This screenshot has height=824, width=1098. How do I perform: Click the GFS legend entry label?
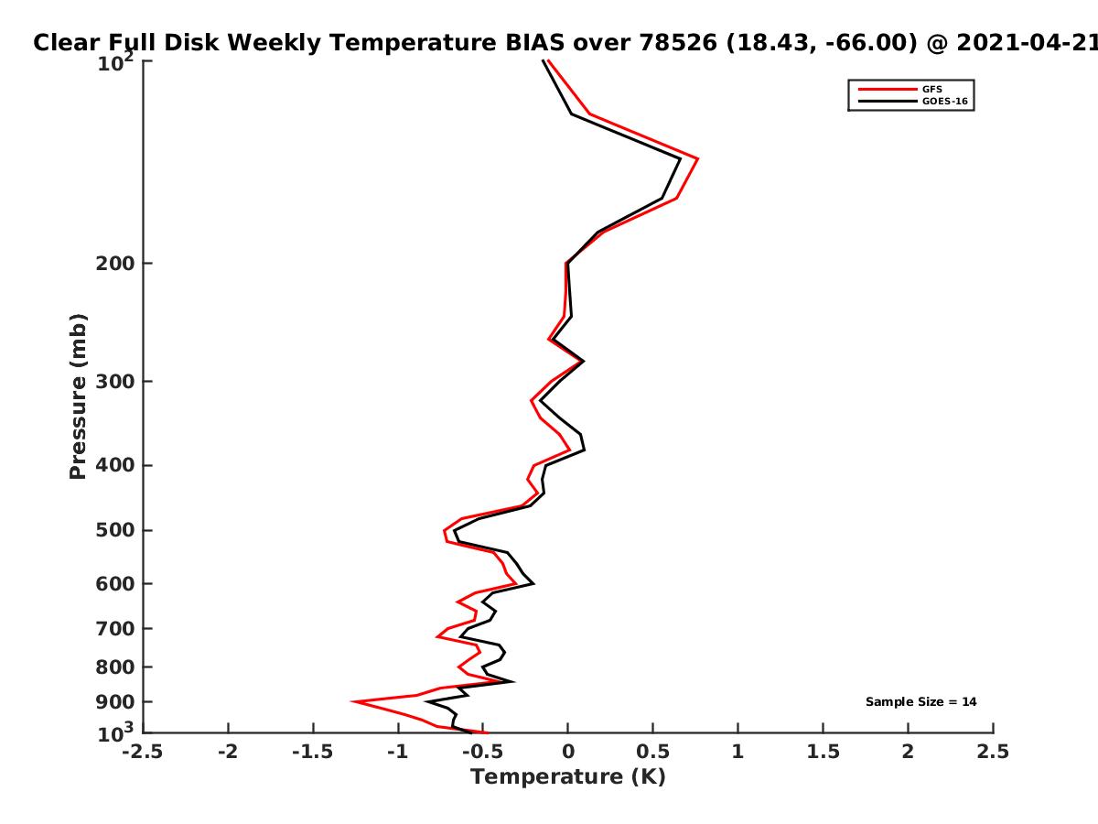click(931, 90)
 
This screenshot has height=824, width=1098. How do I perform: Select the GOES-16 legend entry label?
click(945, 102)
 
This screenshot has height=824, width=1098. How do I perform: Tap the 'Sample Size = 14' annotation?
click(920, 702)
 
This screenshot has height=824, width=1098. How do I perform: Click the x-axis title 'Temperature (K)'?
click(568, 777)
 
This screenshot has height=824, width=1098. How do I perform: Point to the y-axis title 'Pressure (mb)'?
click(78, 396)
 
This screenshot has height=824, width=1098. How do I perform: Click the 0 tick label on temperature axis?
click(568, 752)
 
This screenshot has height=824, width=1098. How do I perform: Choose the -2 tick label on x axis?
click(228, 752)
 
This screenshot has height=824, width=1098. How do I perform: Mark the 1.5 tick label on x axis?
click(823, 752)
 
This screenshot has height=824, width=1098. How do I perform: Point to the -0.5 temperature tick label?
click(483, 752)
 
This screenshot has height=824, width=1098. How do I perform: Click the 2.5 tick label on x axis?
click(993, 752)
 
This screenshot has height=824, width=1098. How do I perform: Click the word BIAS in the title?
click(534, 43)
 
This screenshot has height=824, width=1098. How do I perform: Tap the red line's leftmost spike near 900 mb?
click(352, 701)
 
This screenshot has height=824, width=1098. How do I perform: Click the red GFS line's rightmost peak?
click(697, 158)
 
